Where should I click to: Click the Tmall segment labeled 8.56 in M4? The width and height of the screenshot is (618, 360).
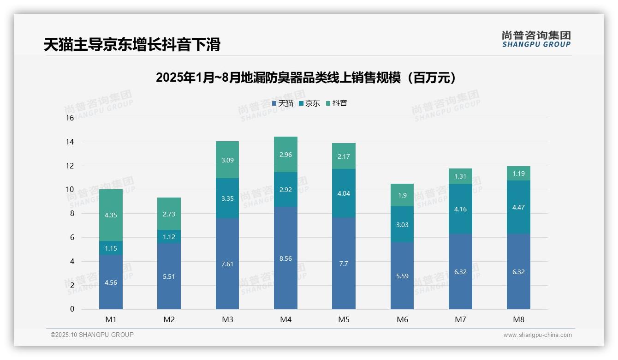(285, 258)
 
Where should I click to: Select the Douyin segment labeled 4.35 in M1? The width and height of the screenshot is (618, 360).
(111, 215)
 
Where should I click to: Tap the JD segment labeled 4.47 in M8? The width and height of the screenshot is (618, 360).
(518, 207)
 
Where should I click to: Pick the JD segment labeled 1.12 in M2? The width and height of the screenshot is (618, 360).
(169, 237)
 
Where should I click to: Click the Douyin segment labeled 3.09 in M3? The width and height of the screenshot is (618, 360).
(227, 160)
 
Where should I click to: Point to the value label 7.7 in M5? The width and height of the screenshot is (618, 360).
(344, 264)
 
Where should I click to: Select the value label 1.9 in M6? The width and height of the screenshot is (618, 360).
(402, 195)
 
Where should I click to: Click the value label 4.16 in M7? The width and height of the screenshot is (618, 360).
(460, 209)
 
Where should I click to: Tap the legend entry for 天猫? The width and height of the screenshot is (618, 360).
(283, 103)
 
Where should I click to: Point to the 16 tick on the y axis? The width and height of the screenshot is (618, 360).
(70, 118)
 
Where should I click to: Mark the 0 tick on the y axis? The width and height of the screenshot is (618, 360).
(72, 309)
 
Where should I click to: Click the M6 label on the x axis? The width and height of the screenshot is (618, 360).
(402, 319)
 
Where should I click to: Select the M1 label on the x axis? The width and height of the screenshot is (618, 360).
(111, 319)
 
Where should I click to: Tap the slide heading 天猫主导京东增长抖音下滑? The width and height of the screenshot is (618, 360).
(132, 44)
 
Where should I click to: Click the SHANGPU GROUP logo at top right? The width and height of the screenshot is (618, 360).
(536, 39)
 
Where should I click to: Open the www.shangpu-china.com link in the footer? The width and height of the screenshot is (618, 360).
(537, 335)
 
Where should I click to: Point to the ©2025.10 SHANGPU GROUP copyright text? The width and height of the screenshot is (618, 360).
(92, 335)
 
